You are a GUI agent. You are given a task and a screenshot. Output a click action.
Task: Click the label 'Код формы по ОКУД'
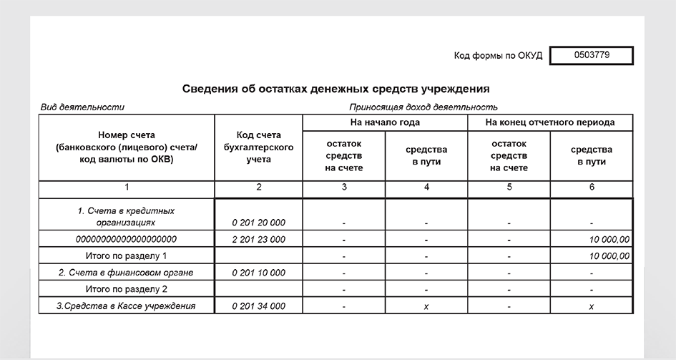(x=499, y=56)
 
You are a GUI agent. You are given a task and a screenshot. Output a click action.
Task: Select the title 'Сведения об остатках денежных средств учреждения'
(x=335, y=89)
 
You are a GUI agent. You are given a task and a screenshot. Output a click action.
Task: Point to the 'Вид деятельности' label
(x=82, y=107)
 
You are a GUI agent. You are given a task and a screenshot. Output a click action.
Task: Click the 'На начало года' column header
(x=385, y=122)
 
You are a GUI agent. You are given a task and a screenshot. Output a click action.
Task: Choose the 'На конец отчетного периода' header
(x=549, y=122)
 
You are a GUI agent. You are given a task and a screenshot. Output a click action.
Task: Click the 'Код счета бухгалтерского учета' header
(x=258, y=147)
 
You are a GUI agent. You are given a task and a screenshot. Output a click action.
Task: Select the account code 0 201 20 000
(x=258, y=223)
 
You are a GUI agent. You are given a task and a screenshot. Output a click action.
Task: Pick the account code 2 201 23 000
(x=258, y=239)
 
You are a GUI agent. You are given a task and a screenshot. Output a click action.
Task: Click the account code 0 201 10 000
(x=258, y=273)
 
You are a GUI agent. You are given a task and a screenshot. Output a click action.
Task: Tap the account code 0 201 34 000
(x=258, y=306)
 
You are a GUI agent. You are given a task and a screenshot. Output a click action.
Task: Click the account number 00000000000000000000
(x=127, y=239)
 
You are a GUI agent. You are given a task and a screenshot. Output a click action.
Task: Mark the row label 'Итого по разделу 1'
(x=126, y=256)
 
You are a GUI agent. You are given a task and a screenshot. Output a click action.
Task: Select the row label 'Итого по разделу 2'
(x=126, y=289)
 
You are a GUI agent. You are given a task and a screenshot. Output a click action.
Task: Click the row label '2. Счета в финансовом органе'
(x=126, y=273)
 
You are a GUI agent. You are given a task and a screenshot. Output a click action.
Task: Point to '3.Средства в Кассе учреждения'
(x=126, y=306)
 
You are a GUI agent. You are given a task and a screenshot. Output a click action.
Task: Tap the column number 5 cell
(x=509, y=187)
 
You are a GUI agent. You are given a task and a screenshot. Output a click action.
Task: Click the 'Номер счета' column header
(x=126, y=147)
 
